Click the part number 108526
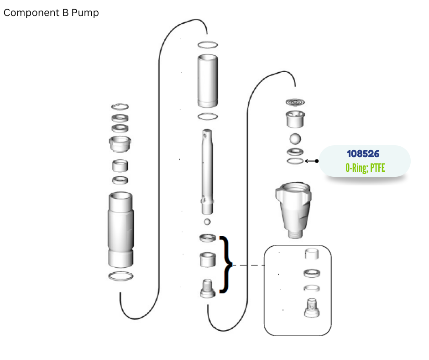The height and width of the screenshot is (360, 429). pyautogui.click(x=363, y=154)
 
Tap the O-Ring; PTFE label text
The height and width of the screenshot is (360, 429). pyautogui.click(x=365, y=168)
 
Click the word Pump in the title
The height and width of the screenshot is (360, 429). pyautogui.click(x=85, y=13)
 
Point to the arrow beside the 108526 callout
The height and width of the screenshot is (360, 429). pyautogui.click(x=312, y=161)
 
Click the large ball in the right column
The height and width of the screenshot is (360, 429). pyautogui.click(x=295, y=138)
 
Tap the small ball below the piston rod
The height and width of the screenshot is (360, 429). pyautogui.click(x=207, y=222)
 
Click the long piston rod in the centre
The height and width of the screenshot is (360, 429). pyautogui.click(x=207, y=172)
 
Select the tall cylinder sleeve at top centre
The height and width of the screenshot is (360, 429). pyautogui.click(x=208, y=81)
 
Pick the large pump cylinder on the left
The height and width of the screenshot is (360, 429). pyautogui.click(x=120, y=230)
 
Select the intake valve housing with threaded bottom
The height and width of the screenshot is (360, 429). pyautogui.click(x=293, y=210)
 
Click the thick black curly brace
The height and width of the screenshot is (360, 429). pyautogui.click(x=226, y=265)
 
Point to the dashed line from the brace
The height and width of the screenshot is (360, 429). pyautogui.click(x=248, y=265)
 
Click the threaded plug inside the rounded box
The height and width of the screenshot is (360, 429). pyautogui.click(x=312, y=308)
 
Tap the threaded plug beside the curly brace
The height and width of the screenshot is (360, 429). pyautogui.click(x=208, y=288)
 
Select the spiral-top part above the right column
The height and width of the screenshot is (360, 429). pyautogui.click(x=295, y=102)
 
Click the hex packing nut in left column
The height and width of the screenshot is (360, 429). pyautogui.click(x=120, y=144)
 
